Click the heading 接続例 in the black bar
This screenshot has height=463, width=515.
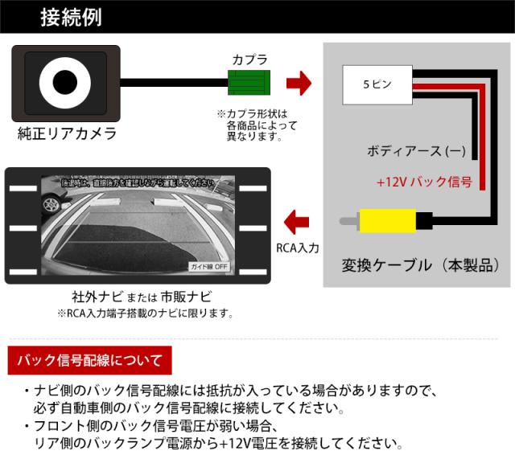70,17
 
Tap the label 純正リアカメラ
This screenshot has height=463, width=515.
67,134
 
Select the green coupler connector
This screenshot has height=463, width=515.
249,82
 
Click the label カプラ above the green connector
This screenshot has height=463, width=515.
249,59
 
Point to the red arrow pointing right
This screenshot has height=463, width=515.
299,82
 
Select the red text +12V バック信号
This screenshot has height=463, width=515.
423,182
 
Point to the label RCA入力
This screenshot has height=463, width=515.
297,248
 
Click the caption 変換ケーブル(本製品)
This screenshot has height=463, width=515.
416,264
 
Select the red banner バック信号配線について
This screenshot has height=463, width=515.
88,359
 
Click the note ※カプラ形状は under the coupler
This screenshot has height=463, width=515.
252,113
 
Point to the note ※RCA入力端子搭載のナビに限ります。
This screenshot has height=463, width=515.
146,313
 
